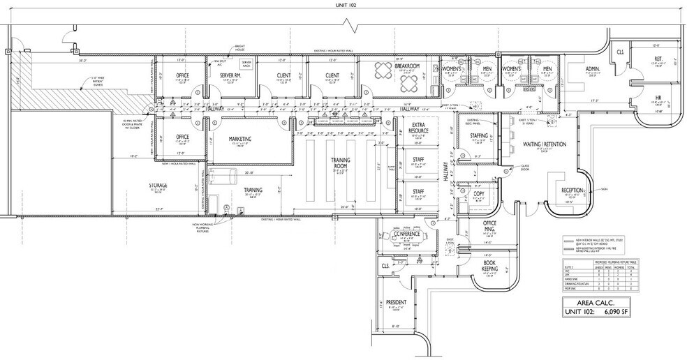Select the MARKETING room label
tap(244, 138)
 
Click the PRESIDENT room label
tap(396, 303)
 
